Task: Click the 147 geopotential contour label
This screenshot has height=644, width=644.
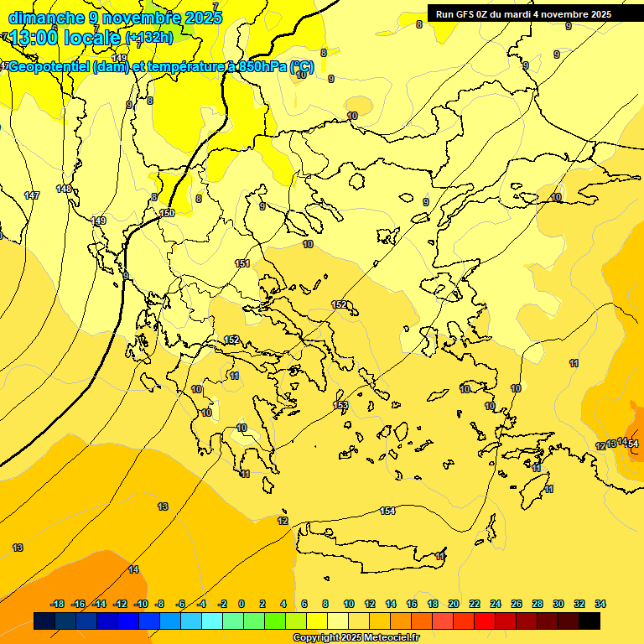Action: click(32, 195)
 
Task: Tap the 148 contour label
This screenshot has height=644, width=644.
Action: click(64, 189)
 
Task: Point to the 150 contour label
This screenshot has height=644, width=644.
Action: click(167, 213)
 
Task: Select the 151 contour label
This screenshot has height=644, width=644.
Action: click(242, 263)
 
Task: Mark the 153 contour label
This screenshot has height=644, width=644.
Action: click(340, 405)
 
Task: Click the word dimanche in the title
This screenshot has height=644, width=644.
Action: click(46, 17)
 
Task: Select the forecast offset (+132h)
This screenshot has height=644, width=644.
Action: click(149, 37)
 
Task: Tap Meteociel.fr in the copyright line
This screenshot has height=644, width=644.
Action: click(387, 638)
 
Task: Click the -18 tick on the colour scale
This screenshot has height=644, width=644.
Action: click(57, 604)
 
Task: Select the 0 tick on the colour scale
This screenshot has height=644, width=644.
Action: click(241, 604)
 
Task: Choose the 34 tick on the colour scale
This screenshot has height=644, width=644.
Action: click(600, 604)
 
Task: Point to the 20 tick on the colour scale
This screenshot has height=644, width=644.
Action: click(454, 604)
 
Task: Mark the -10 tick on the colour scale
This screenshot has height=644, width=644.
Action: click(140, 604)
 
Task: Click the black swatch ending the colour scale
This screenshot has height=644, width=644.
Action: click(589, 621)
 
